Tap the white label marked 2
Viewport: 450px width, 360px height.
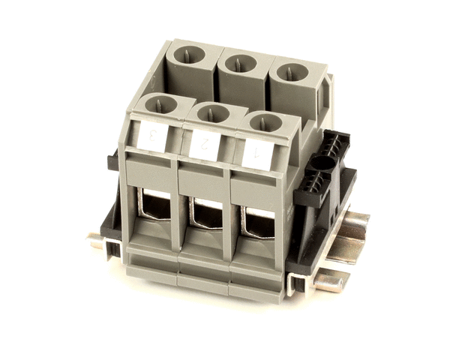[204, 143]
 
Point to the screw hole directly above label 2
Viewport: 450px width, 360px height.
[212, 112]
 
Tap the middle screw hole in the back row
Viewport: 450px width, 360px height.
[240, 64]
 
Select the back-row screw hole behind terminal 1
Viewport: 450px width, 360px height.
[289, 73]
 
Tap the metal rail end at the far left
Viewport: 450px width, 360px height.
[95, 241]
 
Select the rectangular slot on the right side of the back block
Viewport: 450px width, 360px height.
[325, 94]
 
